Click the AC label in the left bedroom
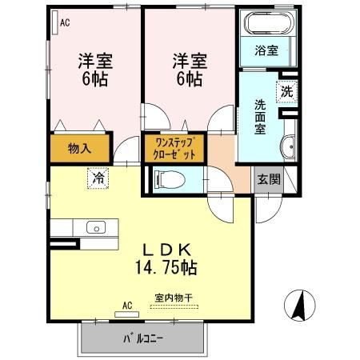point(65,23)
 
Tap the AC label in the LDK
point(127,305)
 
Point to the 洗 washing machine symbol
point(286,90)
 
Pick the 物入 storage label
point(79,149)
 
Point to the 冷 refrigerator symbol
point(98,179)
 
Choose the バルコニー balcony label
point(142,338)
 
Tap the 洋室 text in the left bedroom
point(93,59)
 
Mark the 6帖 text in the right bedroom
point(189,78)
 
